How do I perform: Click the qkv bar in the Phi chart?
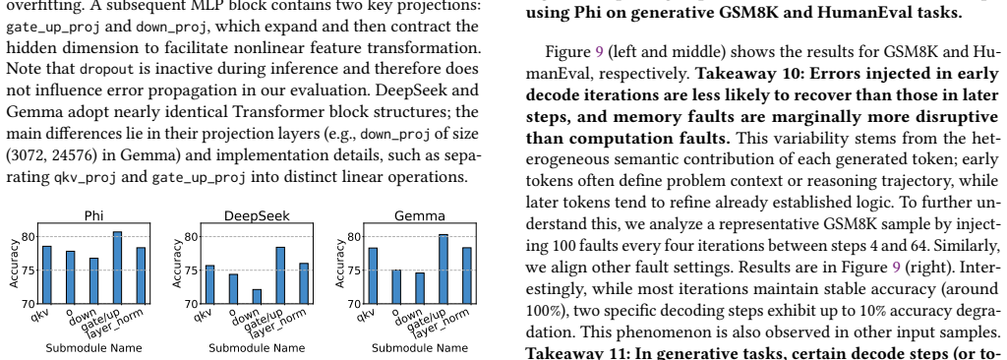47,274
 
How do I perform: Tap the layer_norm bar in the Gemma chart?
467,275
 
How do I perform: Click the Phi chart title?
93,216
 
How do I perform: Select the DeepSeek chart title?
257,216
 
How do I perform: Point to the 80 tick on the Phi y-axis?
29,237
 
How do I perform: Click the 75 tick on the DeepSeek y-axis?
192,270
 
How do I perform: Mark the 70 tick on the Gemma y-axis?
354,303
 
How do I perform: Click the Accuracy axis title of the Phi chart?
15,263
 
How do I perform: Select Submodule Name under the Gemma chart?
420,348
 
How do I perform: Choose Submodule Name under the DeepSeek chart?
257,348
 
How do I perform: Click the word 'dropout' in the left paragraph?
107,69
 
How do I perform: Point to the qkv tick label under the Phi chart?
39,315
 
